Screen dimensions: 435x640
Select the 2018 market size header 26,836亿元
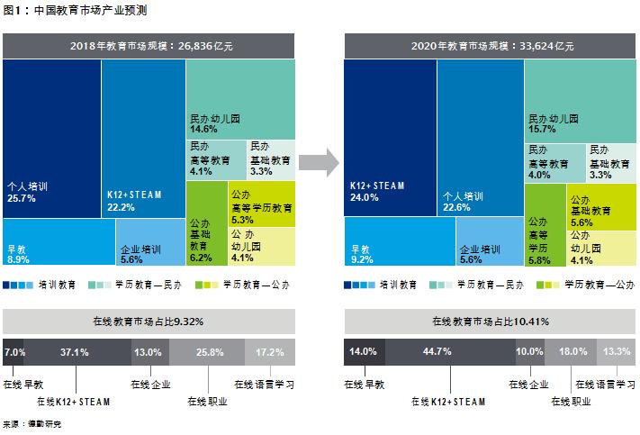[x=149, y=46]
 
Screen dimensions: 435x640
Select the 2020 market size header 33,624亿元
[x=490, y=46]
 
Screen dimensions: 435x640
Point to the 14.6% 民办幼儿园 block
[x=240, y=99]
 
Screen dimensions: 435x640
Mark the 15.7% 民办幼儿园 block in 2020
[x=580, y=99]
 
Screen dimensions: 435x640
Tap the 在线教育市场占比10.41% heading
[x=490, y=321]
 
